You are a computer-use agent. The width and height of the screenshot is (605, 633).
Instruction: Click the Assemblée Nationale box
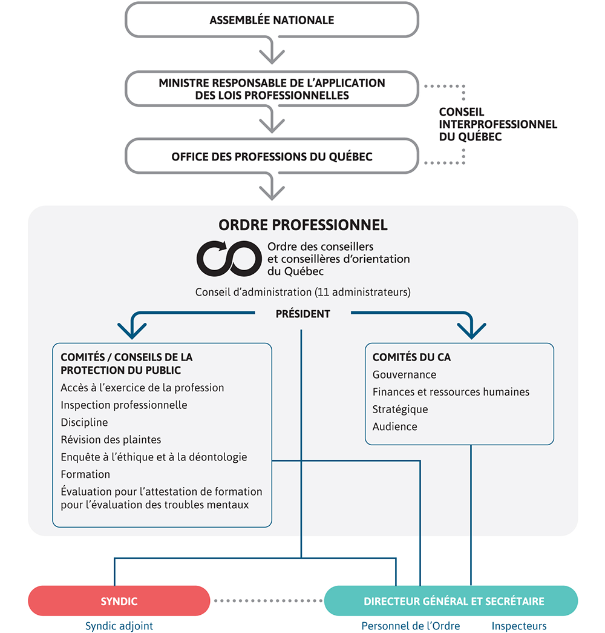tap(272, 20)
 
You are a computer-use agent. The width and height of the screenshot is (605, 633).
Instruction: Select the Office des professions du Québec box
tap(272, 156)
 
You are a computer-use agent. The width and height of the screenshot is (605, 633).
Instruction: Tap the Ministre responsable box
tap(272, 89)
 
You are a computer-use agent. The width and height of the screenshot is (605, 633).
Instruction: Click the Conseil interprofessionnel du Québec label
tap(498, 124)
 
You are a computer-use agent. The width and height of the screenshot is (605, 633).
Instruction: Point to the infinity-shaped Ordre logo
tap(229, 259)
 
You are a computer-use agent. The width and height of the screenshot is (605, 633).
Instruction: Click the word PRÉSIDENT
tap(303, 314)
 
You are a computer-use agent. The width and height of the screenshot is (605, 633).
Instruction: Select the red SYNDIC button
tap(119, 601)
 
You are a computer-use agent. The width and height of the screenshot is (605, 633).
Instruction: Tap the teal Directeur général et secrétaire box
tap(451, 601)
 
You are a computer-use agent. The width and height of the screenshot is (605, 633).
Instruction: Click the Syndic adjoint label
tap(119, 626)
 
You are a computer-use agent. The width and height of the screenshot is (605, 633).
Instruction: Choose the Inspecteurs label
tap(518, 626)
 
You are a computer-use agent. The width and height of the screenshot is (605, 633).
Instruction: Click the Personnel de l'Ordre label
tap(411, 626)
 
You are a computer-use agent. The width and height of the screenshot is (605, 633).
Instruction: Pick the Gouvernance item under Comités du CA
tap(404, 374)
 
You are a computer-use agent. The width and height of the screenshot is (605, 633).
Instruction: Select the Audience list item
tap(395, 426)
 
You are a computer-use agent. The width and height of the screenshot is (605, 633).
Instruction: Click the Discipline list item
tap(84, 422)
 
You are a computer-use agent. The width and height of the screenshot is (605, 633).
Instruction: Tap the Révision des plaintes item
tap(111, 440)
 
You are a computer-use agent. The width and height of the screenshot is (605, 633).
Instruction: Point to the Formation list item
tap(85, 474)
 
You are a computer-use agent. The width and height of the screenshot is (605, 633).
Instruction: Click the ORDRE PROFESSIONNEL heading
tap(303, 225)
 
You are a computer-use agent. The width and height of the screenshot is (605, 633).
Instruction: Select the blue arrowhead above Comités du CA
tap(471, 331)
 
